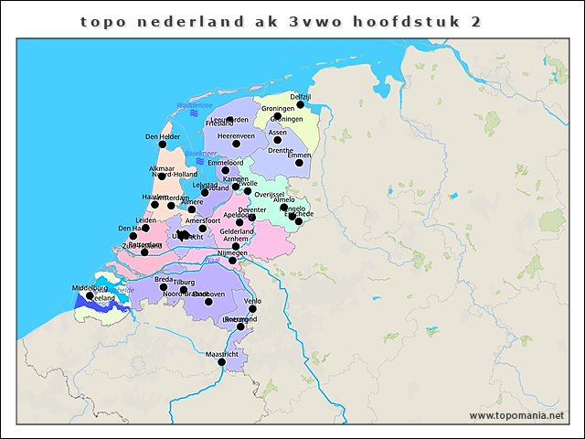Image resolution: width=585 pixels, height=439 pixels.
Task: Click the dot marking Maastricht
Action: click(x=221, y=362)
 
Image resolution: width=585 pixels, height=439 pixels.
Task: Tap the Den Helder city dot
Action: click(x=163, y=145)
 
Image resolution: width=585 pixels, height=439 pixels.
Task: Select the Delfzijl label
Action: click(x=301, y=96)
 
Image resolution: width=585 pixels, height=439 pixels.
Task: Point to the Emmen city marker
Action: click(x=299, y=162)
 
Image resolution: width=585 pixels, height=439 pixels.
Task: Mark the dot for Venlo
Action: click(x=252, y=309)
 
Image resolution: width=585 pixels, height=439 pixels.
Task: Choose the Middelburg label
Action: click(x=89, y=288)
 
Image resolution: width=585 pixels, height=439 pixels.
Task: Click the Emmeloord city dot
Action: click(x=225, y=170)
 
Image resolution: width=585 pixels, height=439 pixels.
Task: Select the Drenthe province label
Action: click(x=281, y=150)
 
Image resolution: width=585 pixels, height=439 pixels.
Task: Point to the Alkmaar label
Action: click(x=161, y=168)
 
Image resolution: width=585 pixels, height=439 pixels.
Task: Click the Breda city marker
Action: click(x=164, y=287)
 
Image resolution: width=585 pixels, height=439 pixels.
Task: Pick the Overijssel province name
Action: click(x=270, y=194)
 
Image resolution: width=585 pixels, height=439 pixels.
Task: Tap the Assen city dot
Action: click(x=278, y=139)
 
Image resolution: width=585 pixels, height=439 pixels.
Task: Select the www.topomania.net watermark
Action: click(x=516, y=415)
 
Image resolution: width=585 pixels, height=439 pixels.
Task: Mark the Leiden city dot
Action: click(x=145, y=229)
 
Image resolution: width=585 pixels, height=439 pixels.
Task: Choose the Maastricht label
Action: click(x=222, y=353)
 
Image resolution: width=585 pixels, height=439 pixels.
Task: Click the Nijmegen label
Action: click(x=232, y=252)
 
